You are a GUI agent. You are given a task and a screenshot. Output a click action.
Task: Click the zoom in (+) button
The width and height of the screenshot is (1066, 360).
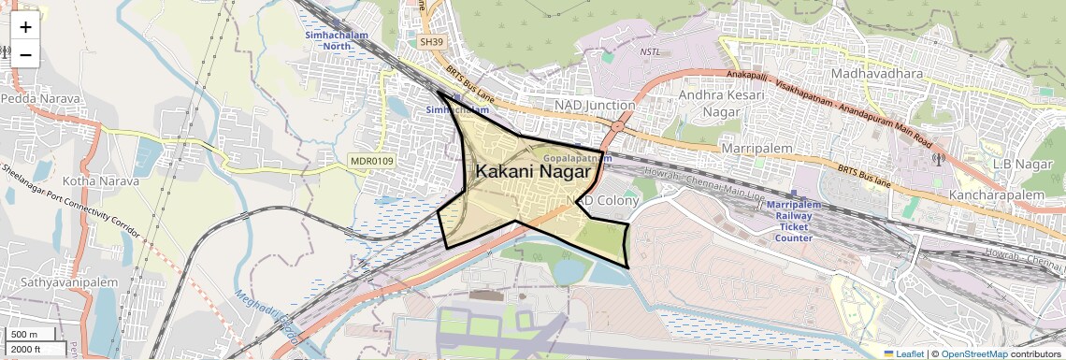[x=25, y=27]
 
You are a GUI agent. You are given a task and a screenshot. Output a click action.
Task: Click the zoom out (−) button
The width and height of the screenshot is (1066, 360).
[x=25, y=54]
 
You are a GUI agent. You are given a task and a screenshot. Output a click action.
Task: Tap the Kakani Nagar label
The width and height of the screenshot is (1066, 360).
[x=533, y=172]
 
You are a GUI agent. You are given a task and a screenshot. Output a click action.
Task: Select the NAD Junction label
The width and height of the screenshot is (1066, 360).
[x=595, y=105]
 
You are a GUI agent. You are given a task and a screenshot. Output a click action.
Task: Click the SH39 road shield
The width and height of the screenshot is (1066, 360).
[x=432, y=42]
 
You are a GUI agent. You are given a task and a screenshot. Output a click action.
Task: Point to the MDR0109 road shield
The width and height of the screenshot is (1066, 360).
[x=373, y=162]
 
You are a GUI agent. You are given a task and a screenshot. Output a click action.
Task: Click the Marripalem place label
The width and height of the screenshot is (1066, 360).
[x=756, y=149]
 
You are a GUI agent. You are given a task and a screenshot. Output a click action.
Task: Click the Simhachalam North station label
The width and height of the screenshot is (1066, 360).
[x=337, y=40]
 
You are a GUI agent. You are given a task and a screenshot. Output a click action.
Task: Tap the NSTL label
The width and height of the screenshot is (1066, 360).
[x=650, y=51]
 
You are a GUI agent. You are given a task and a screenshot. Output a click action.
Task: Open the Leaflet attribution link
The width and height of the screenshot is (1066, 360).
[x=902, y=353]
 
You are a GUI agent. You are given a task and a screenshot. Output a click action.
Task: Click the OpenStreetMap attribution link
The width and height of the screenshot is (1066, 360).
[x=973, y=353]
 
